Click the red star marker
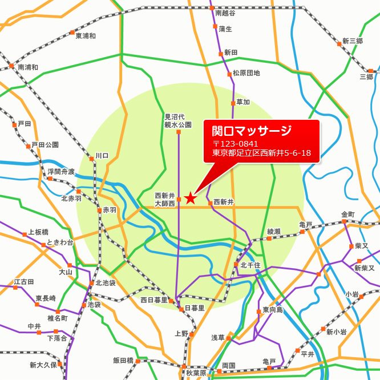(191, 198)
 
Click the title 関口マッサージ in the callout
(252, 131)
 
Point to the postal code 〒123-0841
(235, 144)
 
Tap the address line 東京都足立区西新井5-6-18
(261, 153)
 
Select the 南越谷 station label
(225, 12)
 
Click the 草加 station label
(243, 103)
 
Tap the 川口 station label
(102, 155)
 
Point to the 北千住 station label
(250, 265)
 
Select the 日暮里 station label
(195, 308)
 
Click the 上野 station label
(181, 334)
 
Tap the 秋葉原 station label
(196, 373)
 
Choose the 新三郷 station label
(352, 41)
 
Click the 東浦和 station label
(86, 35)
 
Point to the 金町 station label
(348, 215)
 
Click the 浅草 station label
(218, 338)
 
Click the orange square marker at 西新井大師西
(179, 199)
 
